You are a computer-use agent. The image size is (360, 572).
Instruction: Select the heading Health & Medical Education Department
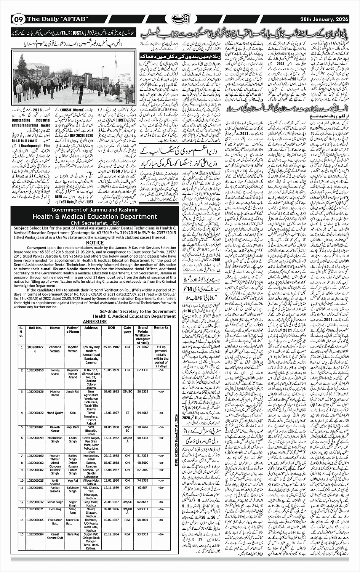pos(94,216)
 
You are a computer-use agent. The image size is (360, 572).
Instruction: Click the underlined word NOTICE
pos(95,242)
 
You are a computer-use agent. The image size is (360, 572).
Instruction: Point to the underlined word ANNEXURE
pos(95,321)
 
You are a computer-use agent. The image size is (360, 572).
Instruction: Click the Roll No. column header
pos(35,328)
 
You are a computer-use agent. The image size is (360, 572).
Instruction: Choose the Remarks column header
pos(161,328)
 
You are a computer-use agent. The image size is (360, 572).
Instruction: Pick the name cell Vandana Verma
pos(55,349)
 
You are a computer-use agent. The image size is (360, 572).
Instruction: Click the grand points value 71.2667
pos(143,347)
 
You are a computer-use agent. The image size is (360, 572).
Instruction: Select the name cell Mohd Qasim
pos(55,413)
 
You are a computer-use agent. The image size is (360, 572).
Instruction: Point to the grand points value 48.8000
pos(143,463)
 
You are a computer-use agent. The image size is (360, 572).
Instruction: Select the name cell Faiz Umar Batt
pos(55,521)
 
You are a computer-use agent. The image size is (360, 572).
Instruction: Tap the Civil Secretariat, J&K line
pos(94,223)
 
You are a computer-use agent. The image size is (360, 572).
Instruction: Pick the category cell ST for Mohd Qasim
pos(127,413)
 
